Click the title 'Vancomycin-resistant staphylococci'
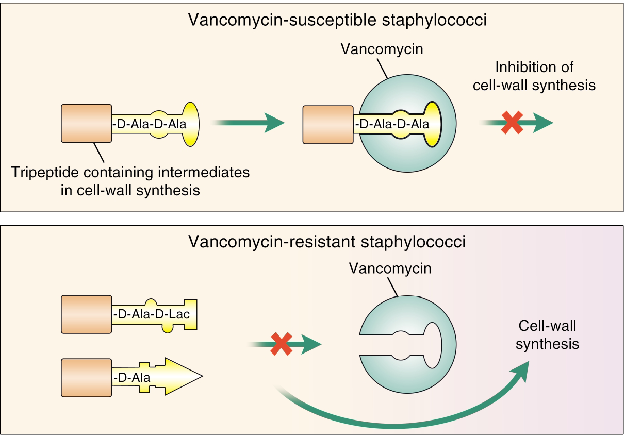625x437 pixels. click(x=326, y=242)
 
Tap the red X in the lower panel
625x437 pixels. click(x=280, y=344)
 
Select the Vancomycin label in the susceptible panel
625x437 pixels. click(x=382, y=49)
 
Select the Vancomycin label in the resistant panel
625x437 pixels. click(x=390, y=268)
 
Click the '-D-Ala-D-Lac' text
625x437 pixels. click(x=155, y=314)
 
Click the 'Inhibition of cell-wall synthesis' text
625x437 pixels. click(x=534, y=76)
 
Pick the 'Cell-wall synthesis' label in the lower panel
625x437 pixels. click(x=547, y=334)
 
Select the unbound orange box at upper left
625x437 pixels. click(x=86, y=123)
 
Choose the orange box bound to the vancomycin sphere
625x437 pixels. click(x=328, y=124)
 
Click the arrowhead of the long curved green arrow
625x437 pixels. click(x=522, y=369)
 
